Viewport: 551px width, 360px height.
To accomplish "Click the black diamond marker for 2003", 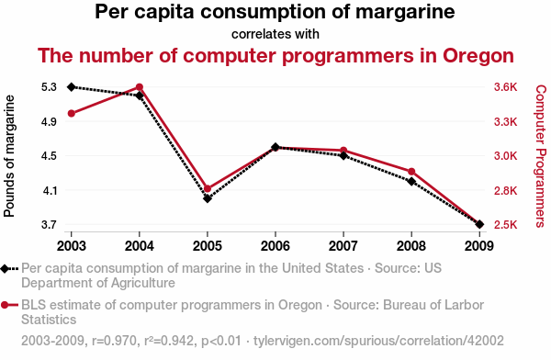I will click(x=72, y=86).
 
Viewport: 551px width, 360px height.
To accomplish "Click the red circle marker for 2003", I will click(x=72, y=113).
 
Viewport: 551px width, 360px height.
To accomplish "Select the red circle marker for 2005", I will click(x=208, y=188).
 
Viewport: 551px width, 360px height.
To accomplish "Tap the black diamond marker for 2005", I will click(x=208, y=198).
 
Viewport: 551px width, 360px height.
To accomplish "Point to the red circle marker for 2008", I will click(x=411, y=172).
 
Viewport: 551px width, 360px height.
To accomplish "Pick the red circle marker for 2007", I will click(x=343, y=150).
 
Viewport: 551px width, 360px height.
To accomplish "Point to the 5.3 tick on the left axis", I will click(x=49, y=87).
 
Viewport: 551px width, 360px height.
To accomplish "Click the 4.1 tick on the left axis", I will click(x=49, y=190).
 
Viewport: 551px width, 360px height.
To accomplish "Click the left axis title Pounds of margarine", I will click(x=10, y=155).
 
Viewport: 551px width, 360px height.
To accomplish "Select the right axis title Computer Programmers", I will click(x=540, y=155).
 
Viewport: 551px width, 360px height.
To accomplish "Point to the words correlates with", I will click(x=275, y=34).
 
